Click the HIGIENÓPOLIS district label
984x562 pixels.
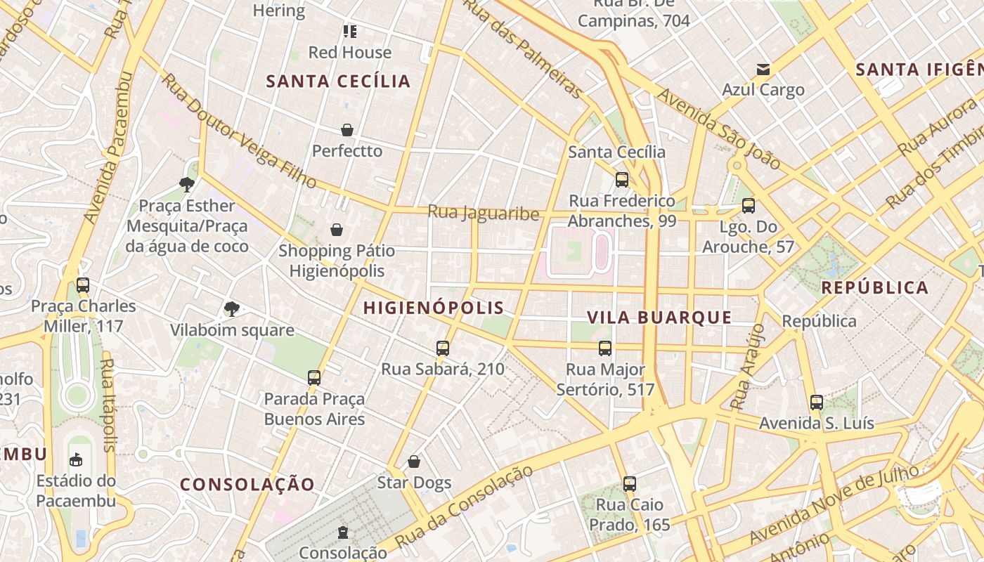tap(434, 308)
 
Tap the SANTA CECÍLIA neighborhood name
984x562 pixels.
tap(338, 81)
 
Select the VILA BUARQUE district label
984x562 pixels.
tap(659, 318)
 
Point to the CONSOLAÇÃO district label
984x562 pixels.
tap(247, 484)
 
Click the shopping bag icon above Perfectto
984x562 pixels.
tap(347, 130)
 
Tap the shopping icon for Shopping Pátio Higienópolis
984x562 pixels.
tap(337, 230)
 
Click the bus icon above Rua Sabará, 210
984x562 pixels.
tap(443, 348)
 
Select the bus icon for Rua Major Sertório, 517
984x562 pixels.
tap(605, 348)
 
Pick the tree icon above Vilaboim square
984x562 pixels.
tap(231, 309)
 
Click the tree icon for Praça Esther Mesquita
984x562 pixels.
tap(187, 185)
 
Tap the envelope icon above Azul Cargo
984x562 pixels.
tap(763, 70)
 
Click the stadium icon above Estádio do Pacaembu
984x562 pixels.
tap(76, 460)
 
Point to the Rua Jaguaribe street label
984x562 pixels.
tap(484, 213)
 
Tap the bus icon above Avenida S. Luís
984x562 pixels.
tap(816, 403)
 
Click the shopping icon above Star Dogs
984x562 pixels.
tap(414, 462)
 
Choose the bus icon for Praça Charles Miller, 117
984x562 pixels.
tap(83, 285)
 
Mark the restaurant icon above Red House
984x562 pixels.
tap(350, 32)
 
